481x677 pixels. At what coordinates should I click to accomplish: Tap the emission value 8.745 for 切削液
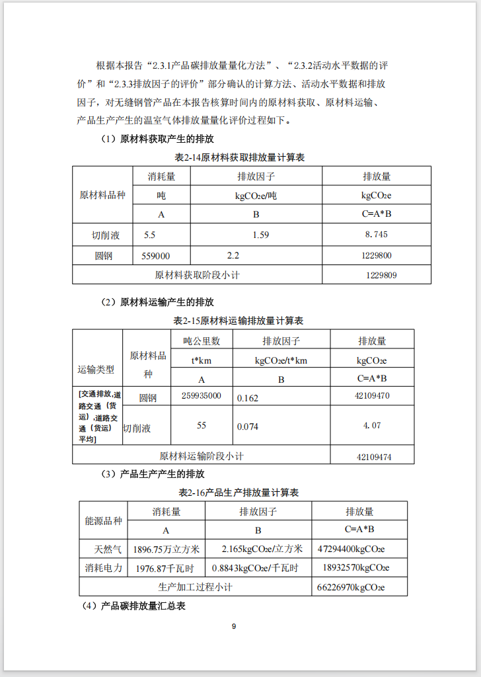[x=376, y=235]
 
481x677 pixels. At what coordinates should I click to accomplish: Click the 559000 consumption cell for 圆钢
[x=156, y=256]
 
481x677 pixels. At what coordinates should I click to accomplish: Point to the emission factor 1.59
[x=261, y=235]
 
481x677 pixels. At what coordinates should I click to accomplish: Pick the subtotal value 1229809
[x=381, y=274]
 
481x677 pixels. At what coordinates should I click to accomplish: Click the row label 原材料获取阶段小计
[x=197, y=274]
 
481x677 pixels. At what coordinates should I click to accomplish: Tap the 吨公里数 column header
[x=202, y=341]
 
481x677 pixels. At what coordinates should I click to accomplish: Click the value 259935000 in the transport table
[x=201, y=395]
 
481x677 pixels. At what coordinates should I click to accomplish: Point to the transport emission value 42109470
[x=372, y=395]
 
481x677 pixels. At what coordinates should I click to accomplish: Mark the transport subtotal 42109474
[x=374, y=456]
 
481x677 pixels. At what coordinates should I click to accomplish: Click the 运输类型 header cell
[x=96, y=370]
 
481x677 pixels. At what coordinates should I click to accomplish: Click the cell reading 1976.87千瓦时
[x=164, y=568]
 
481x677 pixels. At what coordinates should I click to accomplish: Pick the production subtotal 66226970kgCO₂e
[x=351, y=586]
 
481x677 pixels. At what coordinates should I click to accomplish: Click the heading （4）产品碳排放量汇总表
[x=133, y=606]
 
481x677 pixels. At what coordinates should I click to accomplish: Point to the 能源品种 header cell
[x=103, y=520]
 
